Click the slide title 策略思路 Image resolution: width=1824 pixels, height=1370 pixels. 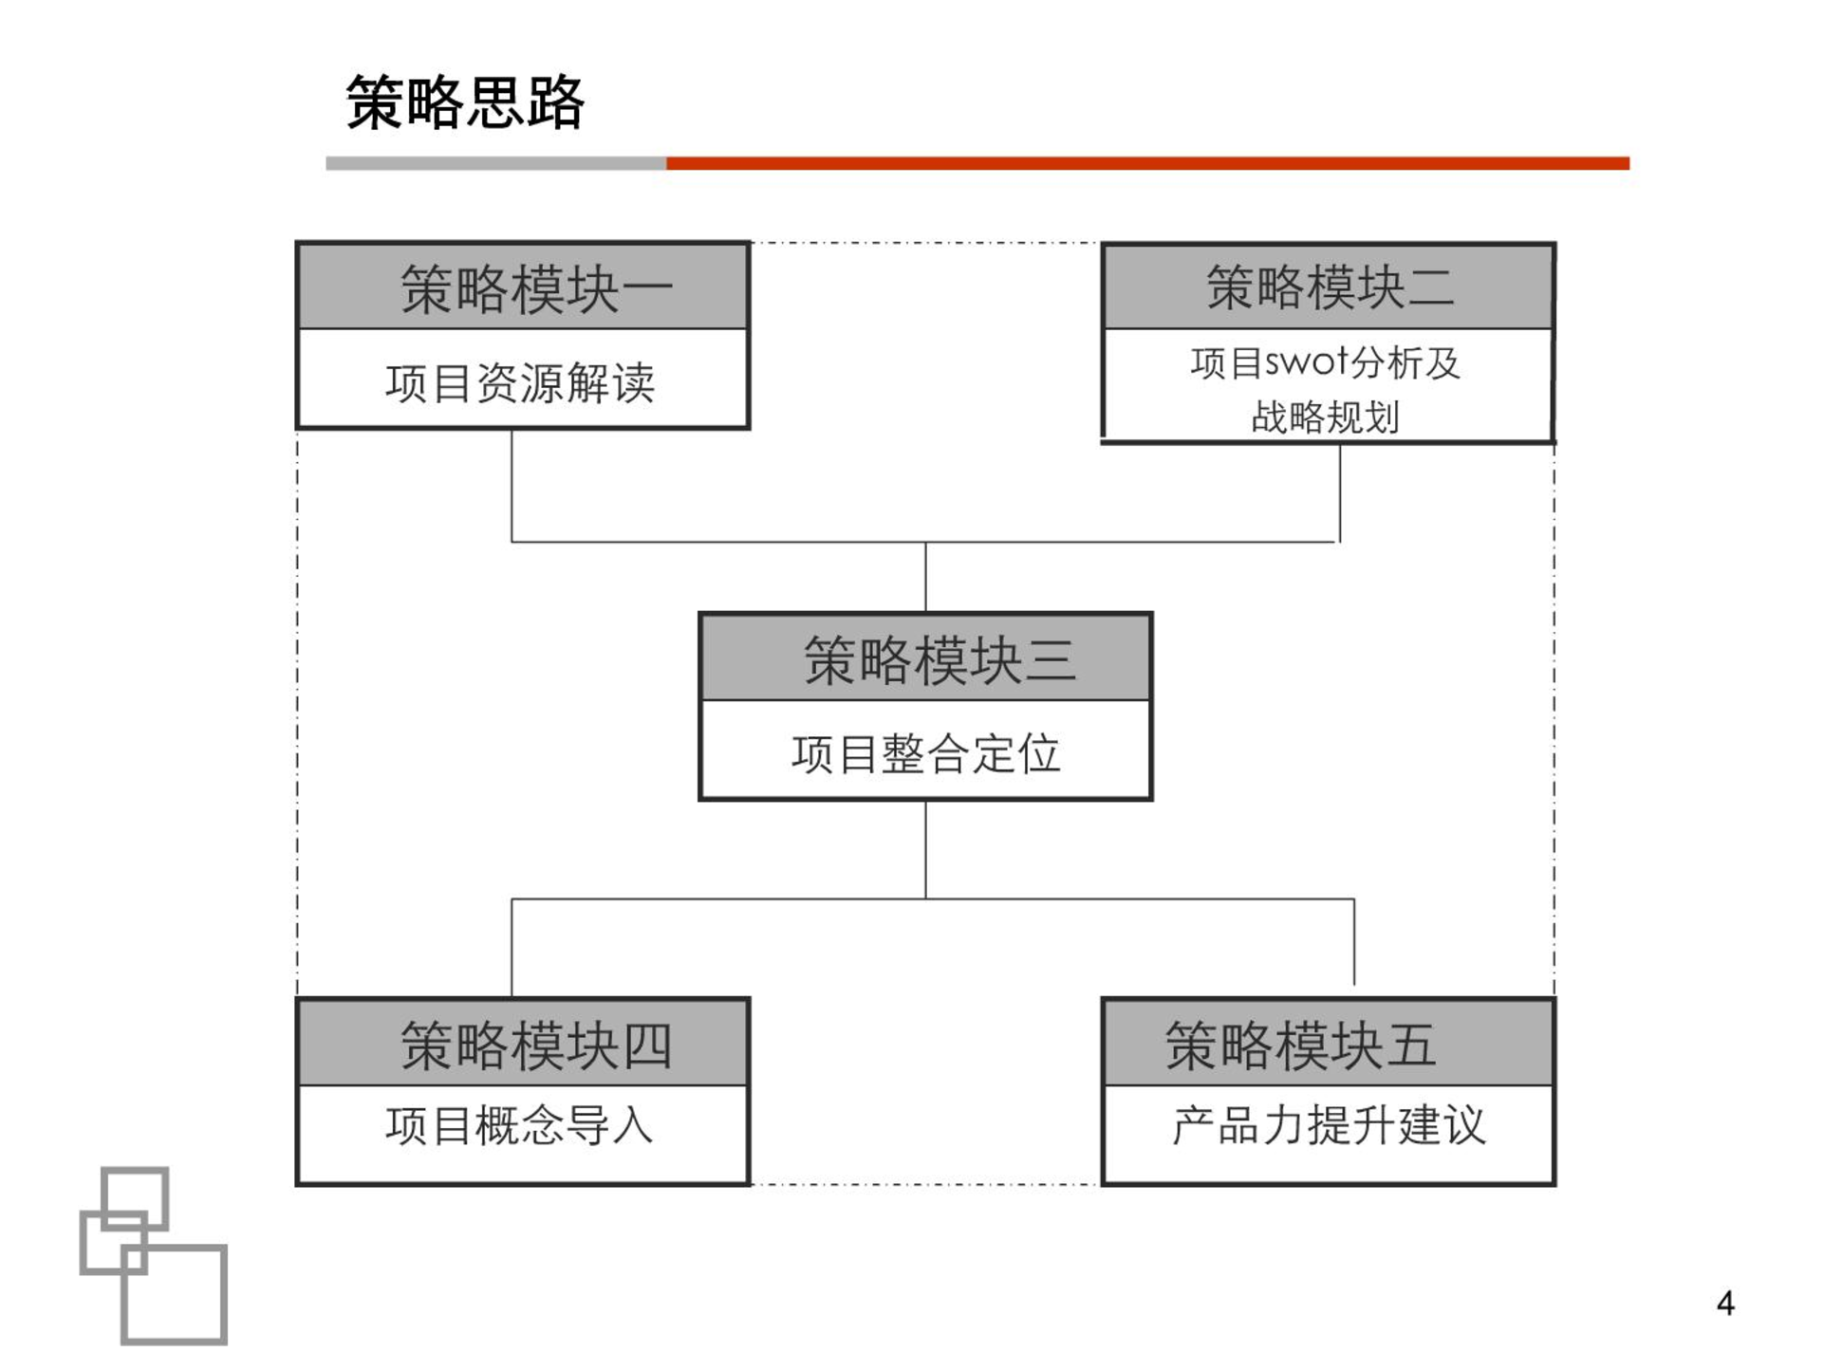point(464,102)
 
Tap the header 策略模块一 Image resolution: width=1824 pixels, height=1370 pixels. point(536,288)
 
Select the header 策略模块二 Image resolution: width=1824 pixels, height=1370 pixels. point(1330,287)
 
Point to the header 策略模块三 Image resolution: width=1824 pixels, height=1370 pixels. point(940,659)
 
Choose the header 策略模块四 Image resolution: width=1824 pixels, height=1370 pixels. point(536,1046)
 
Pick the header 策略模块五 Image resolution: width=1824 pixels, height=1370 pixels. point(1300,1046)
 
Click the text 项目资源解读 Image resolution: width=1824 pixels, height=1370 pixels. point(520,383)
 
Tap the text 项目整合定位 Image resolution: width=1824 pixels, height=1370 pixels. point(925,754)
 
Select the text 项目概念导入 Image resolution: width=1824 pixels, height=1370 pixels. point(520,1126)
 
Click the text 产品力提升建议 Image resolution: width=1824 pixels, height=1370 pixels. point(1329,1126)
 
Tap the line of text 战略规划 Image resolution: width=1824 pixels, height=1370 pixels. point(1325,417)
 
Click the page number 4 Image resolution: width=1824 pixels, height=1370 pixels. point(1725,1303)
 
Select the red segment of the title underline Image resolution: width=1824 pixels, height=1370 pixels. point(1148,163)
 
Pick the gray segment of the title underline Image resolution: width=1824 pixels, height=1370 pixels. point(496,163)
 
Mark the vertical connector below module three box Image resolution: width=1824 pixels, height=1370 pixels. point(925,849)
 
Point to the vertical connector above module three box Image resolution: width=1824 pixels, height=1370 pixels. point(925,577)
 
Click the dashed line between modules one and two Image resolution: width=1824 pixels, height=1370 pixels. point(925,243)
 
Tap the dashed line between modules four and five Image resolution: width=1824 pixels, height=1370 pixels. point(925,1184)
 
